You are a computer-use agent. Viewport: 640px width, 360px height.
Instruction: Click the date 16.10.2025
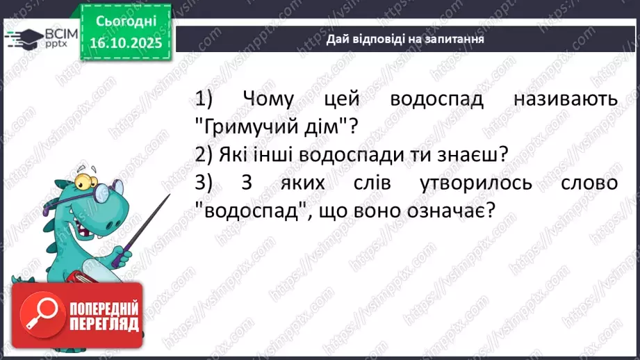tap(125, 42)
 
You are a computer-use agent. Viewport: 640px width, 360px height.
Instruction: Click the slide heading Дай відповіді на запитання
tap(405, 39)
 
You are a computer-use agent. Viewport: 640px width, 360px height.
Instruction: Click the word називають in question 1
tap(565, 100)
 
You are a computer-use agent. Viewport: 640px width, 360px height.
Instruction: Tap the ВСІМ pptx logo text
tap(51, 38)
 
